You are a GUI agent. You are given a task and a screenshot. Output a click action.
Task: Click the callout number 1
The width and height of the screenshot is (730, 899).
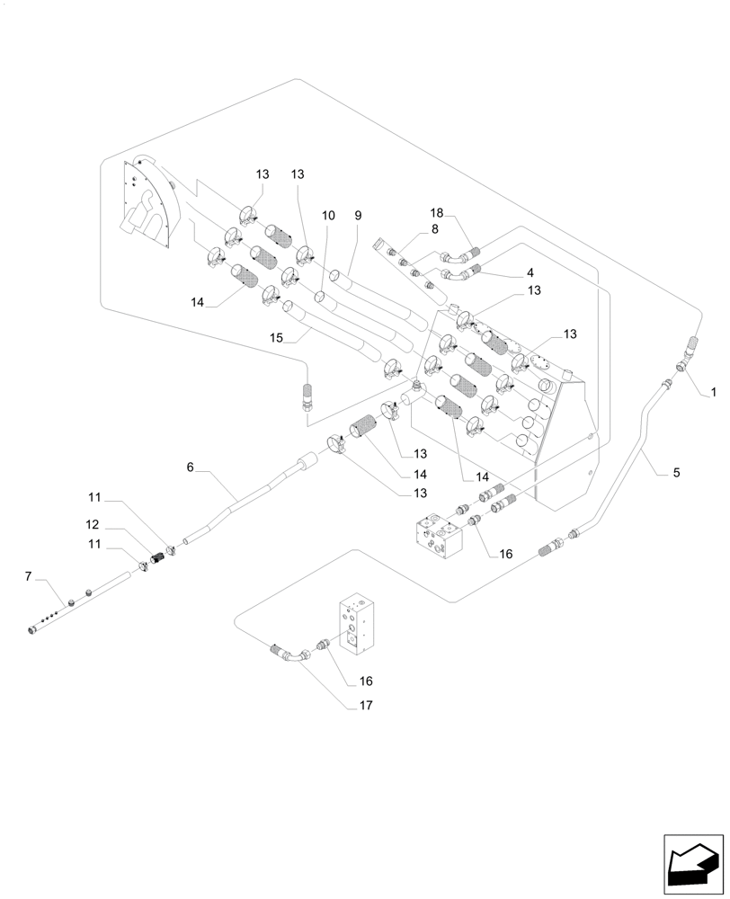[713, 392]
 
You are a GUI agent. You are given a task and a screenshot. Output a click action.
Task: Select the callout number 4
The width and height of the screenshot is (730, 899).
[530, 271]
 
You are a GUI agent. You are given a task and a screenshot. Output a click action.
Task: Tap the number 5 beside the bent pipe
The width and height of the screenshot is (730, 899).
[676, 471]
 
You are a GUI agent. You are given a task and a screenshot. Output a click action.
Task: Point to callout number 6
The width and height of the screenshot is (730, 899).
[191, 467]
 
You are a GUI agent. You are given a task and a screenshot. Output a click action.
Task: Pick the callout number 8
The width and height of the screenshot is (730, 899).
[434, 229]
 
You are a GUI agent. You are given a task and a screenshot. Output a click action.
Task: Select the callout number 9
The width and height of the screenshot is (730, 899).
[357, 216]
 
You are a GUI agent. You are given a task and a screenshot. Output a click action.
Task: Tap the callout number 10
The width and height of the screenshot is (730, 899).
[328, 216]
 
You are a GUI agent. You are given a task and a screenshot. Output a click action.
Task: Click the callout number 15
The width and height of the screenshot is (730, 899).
[276, 338]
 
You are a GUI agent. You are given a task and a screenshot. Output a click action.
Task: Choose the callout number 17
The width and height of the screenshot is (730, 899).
[367, 706]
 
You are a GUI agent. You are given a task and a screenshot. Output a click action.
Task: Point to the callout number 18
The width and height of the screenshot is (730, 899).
[437, 213]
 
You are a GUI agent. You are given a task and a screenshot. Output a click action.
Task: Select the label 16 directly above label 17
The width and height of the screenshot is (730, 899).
[367, 681]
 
